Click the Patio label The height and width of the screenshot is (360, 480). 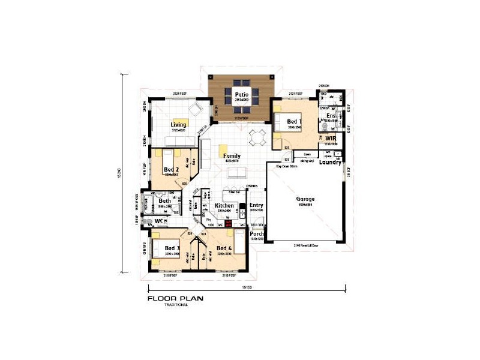click(242, 94)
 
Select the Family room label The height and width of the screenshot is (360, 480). click(232, 155)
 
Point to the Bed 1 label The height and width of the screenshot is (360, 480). click(295, 122)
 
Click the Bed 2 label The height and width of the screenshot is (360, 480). click(172, 170)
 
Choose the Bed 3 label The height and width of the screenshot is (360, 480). click(172, 248)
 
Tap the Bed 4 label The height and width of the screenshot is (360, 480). click(224, 248)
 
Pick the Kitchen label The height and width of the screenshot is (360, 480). click(224, 206)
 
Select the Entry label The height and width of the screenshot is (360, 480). click(256, 205)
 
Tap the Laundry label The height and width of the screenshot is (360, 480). click(331, 162)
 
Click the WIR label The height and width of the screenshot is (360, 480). click(331, 139)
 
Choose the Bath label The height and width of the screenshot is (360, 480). click(166, 201)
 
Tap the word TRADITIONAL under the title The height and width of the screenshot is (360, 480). click(176, 305)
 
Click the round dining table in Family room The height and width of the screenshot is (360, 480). click(259, 137)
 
